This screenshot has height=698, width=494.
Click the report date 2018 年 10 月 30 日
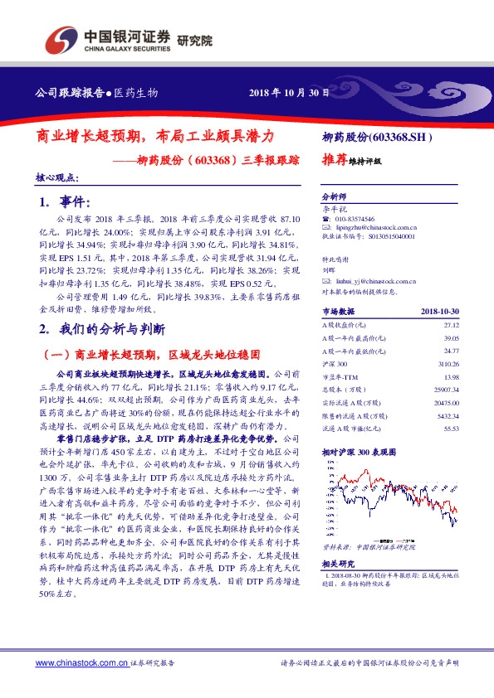pyautogui.click(x=289, y=93)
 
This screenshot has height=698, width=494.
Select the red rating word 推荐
pyautogui.click(x=334, y=162)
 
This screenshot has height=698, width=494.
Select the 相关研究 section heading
pyautogui.click(x=336, y=564)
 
